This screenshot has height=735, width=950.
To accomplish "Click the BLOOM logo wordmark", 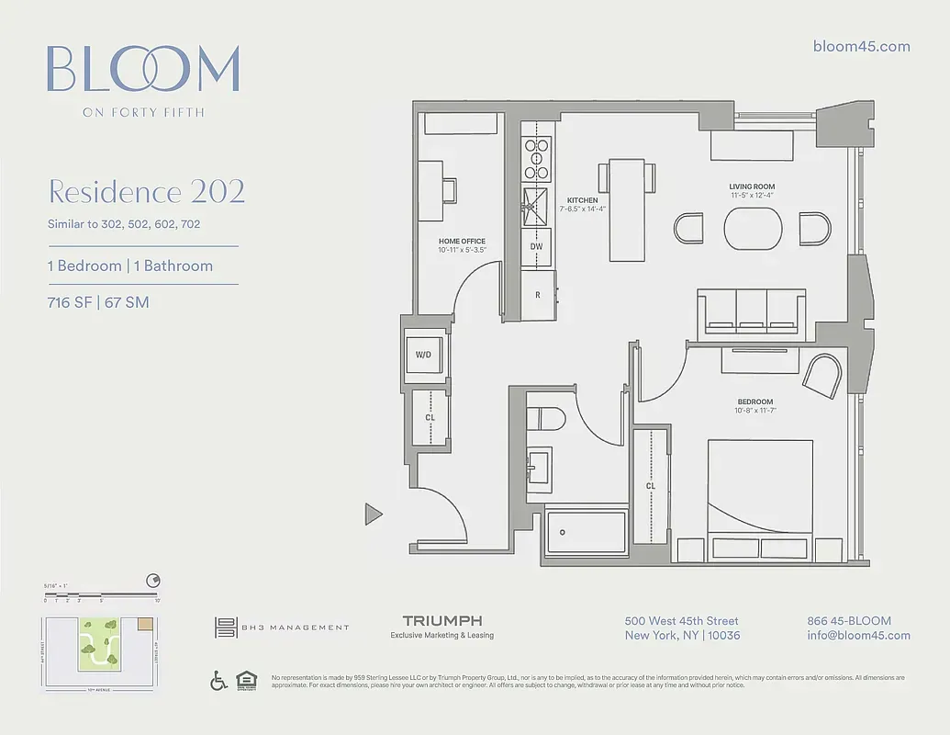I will [143, 70].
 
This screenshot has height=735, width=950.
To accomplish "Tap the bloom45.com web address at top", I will [862, 47].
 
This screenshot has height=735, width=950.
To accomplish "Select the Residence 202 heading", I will [146, 192].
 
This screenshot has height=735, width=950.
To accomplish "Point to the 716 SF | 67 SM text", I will [98, 302].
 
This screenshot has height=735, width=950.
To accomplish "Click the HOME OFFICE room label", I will [462, 242].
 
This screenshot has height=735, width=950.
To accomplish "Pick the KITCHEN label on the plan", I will [582, 200].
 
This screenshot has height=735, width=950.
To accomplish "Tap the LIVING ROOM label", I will [752, 187].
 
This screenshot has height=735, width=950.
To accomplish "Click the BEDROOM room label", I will [754, 401].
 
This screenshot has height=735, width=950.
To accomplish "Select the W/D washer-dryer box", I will [423, 354].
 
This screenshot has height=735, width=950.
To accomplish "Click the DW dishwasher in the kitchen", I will [537, 246].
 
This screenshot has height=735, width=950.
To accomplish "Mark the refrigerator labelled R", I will [537, 295].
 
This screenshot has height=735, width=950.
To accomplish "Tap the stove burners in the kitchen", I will [536, 158].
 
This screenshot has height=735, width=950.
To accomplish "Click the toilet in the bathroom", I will [548, 419].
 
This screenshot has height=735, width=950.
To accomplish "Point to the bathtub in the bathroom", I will [587, 531].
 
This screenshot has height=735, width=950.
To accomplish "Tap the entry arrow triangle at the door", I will [373, 514].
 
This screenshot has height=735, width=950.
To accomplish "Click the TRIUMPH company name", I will [442, 621].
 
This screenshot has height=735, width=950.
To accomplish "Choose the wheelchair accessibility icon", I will [219, 681].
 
